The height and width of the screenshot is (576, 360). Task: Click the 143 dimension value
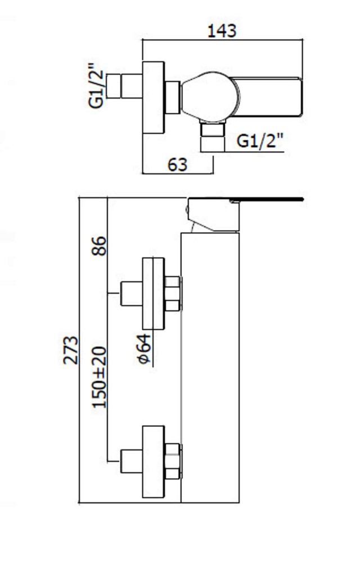[222, 30]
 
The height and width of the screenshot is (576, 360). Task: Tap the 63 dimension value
[177, 165]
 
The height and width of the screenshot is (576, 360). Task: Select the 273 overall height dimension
[71, 350]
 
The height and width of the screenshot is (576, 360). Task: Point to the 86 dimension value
[100, 245]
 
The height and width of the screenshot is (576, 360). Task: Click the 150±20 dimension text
[100, 377]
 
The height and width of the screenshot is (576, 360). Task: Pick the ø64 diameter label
[144, 349]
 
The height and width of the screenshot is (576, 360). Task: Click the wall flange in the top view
[152, 97]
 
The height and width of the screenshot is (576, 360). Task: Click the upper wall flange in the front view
[153, 293]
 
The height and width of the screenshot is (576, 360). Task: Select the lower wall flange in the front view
[153, 461]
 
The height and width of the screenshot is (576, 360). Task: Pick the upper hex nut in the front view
[173, 293]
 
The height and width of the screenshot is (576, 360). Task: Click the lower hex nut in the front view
[173, 461]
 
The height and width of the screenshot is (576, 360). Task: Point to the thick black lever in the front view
[264, 199]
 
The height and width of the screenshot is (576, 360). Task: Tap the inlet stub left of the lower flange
[132, 461]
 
